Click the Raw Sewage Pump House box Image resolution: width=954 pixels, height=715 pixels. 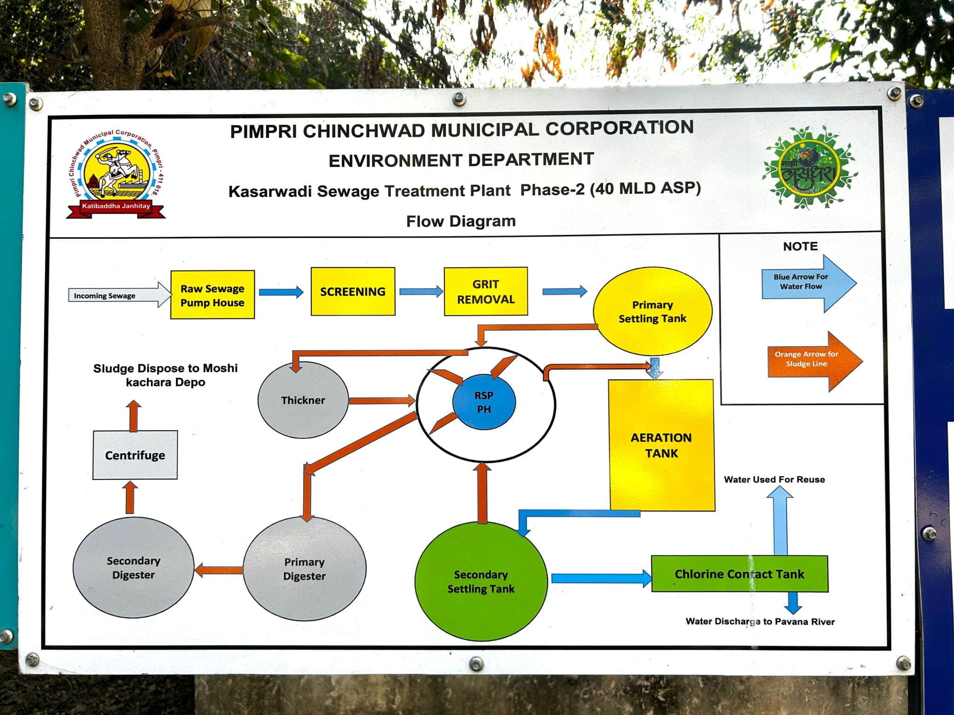212,295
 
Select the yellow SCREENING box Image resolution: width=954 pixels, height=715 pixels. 353,291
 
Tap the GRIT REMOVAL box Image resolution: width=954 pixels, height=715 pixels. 486,291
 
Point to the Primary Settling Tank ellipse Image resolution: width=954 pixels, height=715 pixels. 652,311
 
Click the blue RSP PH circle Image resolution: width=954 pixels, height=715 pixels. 484,402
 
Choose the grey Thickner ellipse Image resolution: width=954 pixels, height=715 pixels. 303,400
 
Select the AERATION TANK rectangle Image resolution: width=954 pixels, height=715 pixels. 661,445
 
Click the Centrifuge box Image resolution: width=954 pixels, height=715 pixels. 135,455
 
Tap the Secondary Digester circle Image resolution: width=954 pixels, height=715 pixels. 133,567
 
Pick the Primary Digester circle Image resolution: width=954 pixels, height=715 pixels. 305,569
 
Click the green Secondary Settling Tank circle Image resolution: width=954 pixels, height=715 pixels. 481,581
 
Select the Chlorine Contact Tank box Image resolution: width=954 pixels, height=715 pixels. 739,574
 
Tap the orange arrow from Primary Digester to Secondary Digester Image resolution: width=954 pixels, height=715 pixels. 218,570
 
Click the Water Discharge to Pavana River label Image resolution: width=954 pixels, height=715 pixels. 760,621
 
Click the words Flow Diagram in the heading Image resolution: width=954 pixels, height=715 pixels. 461,221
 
